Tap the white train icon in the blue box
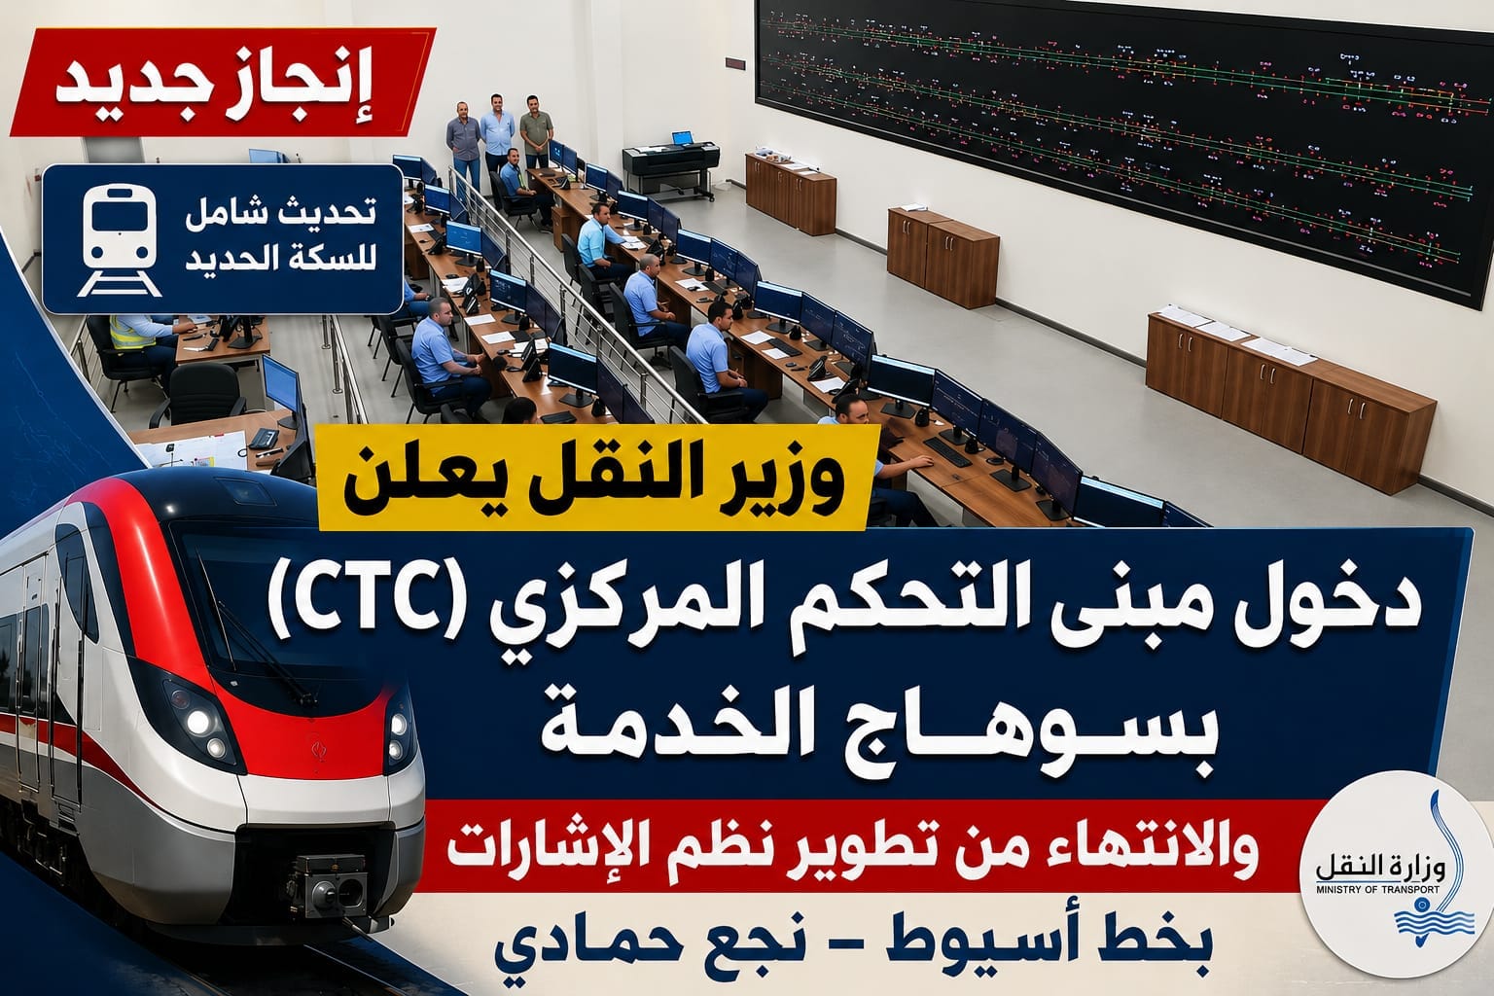click(120, 240)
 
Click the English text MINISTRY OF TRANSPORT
click(1377, 890)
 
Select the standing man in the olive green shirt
click(536, 130)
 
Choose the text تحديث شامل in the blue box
click(280, 213)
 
